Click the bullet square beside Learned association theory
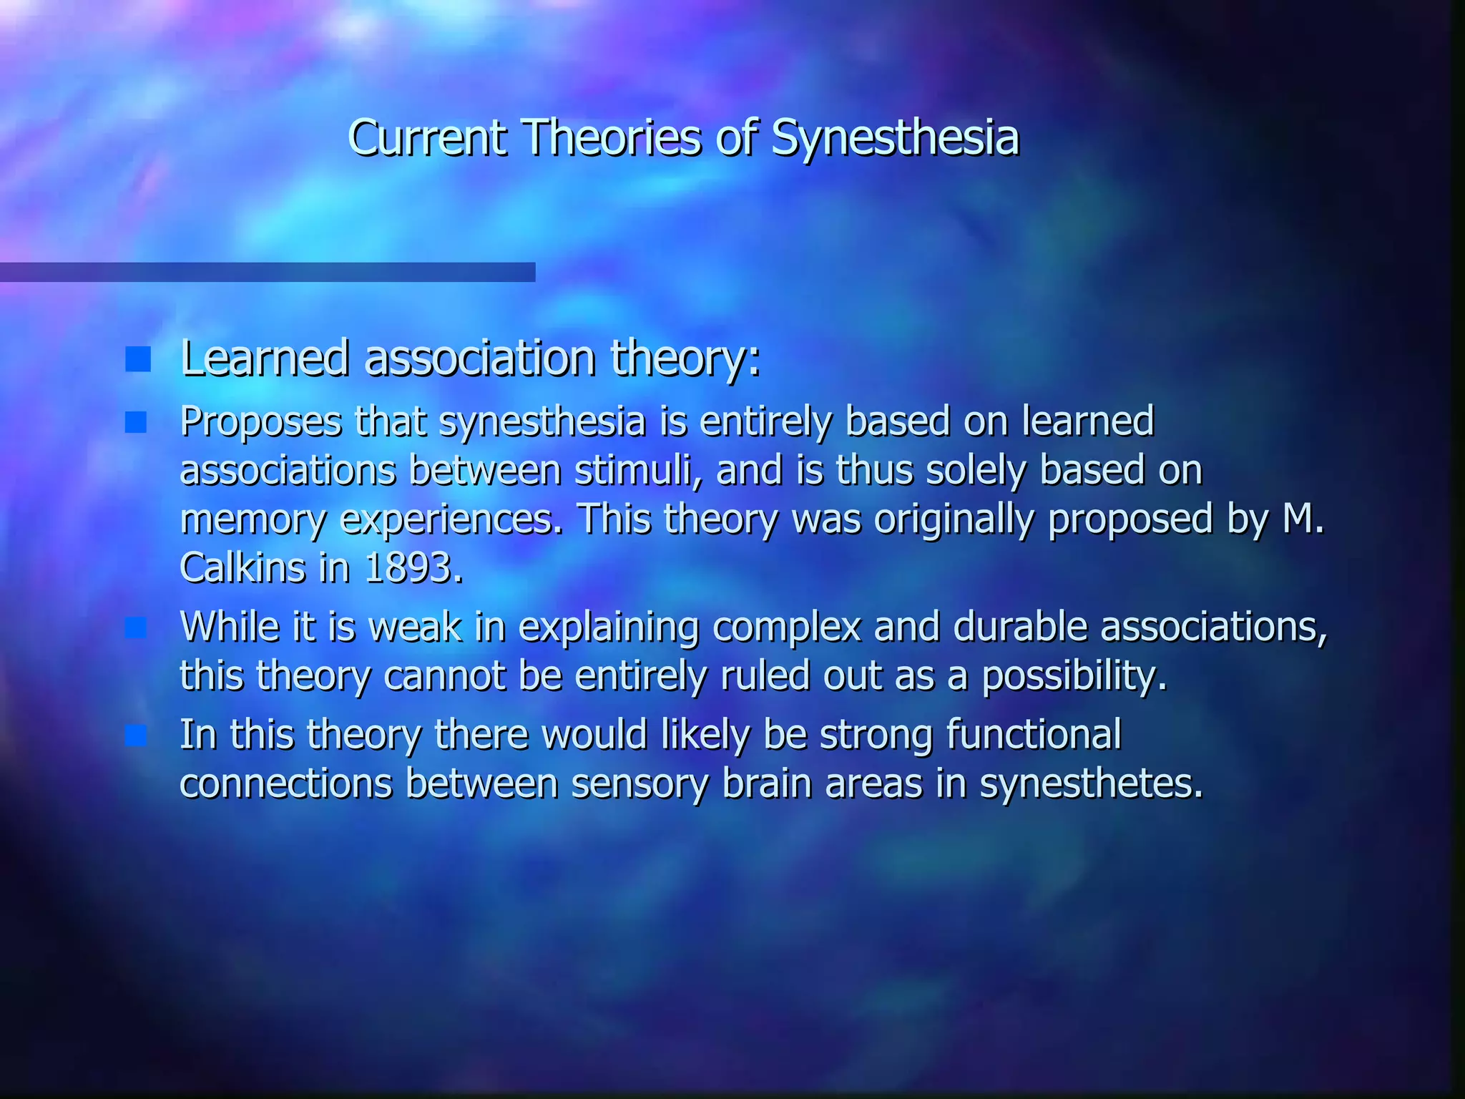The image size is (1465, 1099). pyautogui.click(x=137, y=359)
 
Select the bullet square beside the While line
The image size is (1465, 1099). pyautogui.click(x=136, y=628)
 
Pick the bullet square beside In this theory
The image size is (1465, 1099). pyautogui.click(x=136, y=736)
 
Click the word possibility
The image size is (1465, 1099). pyautogui.click(x=1073, y=676)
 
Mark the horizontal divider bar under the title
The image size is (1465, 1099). pyautogui.click(x=268, y=272)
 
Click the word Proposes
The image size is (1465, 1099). pyautogui.click(x=261, y=422)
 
